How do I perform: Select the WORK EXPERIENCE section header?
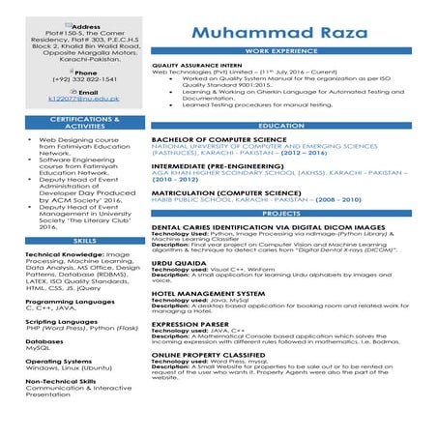pyautogui.click(x=281, y=49)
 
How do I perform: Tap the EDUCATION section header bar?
pyautogui.click(x=281, y=126)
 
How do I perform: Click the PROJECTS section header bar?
pyautogui.click(x=281, y=213)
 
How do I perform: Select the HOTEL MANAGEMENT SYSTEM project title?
pyautogui.click(x=208, y=293)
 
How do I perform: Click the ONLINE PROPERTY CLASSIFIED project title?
pyautogui.click(x=208, y=355)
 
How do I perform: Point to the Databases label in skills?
pyautogui.click(x=44, y=341)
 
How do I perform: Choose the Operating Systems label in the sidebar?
pyautogui.click(x=57, y=361)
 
